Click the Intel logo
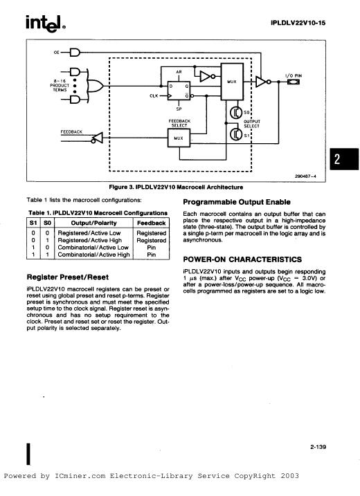click(x=46, y=24)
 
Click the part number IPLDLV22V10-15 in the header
click(x=298, y=23)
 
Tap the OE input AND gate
click(x=75, y=52)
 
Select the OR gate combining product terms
click(x=95, y=86)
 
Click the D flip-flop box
click(x=179, y=91)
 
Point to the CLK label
click(x=154, y=96)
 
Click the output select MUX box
click(x=232, y=82)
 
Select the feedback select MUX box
click(x=179, y=138)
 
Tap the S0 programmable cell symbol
click(x=235, y=112)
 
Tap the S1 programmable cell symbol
click(x=235, y=134)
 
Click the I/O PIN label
click(x=294, y=75)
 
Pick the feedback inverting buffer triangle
click(x=98, y=138)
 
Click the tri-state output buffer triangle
click(x=262, y=82)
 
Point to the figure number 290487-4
click(x=305, y=176)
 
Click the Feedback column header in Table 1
click(x=152, y=223)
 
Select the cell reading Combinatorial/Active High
click(x=93, y=255)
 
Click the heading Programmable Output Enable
click(x=237, y=202)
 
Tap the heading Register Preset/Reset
click(x=68, y=277)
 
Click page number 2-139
click(x=318, y=447)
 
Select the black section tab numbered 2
click(x=344, y=159)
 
